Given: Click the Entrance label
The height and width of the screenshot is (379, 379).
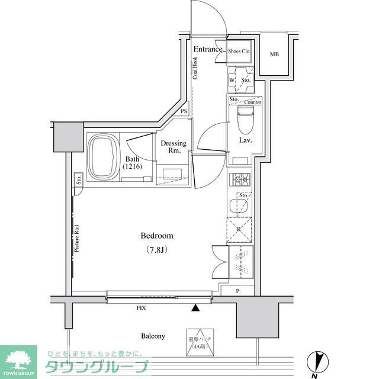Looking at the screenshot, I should (x=207, y=50).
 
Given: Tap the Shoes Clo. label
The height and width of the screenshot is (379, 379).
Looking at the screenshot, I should (x=240, y=52).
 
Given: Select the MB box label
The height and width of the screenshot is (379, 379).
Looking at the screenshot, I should (x=274, y=55).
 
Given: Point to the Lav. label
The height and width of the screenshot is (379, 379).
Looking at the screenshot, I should (x=246, y=140).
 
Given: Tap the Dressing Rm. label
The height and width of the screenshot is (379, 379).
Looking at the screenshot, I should (x=174, y=147).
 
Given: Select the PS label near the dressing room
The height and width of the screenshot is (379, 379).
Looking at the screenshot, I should (x=184, y=111).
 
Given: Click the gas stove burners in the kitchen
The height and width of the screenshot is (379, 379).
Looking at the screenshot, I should (x=240, y=178).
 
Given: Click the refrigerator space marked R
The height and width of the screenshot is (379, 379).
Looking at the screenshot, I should (x=239, y=230).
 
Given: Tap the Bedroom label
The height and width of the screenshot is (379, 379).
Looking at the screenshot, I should (x=157, y=236).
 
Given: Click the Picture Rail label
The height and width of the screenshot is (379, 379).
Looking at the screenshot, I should (x=78, y=238).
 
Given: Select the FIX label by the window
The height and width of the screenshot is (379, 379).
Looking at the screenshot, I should (x=141, y=309).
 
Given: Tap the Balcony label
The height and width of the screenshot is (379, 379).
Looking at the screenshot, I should (x=153, y=336).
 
